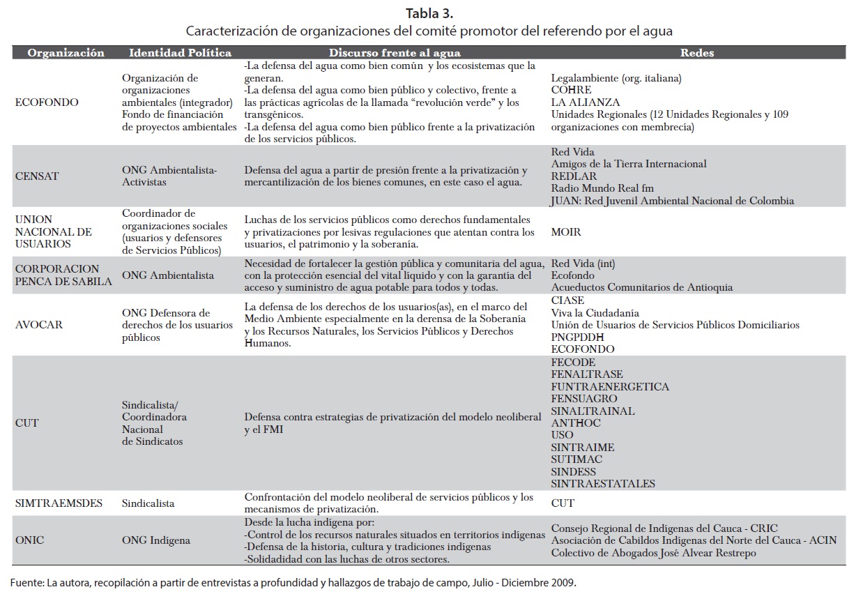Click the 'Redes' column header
696,53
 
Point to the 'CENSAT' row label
36,176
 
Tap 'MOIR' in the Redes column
565,231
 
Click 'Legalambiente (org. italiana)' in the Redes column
616,78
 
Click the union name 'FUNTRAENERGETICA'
610,387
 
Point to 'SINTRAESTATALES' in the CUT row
603,484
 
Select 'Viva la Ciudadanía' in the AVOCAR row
595,313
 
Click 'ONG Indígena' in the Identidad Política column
155,540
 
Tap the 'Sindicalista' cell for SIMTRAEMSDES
148,503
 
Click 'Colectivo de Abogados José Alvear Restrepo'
653,553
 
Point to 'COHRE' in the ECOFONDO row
571,90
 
